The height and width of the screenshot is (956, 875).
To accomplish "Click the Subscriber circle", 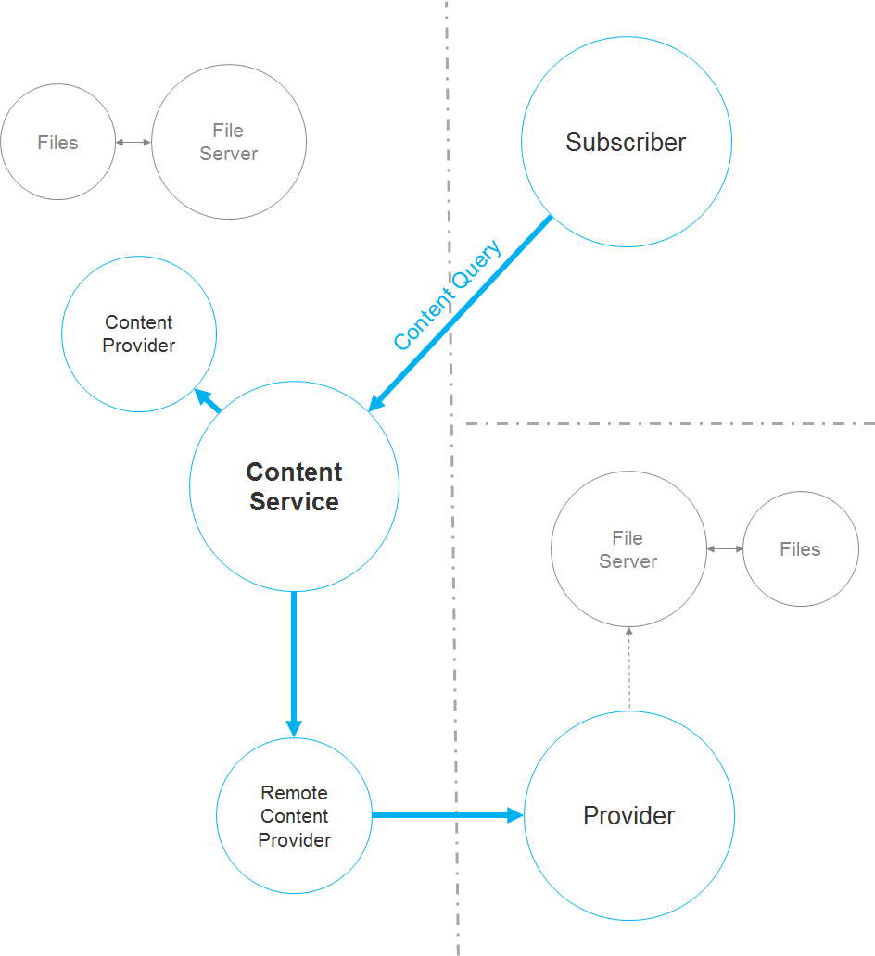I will coord(627,142).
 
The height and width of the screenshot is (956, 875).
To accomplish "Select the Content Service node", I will coord(294,486).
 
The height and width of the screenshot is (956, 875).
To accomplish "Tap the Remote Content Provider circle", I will coord(294,816).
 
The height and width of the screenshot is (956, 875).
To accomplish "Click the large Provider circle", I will coord(629,816).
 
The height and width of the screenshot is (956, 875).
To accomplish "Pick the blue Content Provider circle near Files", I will coord(139,333).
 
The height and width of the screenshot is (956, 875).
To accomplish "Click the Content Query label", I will coord(447,296).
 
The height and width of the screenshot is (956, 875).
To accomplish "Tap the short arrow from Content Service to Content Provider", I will coord(208,400).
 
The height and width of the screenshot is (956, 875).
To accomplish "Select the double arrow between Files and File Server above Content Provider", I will coord(133,143).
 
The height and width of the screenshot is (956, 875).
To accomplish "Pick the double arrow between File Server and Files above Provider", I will coord(725,549).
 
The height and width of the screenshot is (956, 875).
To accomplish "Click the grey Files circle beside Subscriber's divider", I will coord(57,143).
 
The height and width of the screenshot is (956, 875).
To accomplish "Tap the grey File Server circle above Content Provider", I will coord(229,143).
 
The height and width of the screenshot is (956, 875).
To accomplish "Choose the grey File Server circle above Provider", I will coord(628,549).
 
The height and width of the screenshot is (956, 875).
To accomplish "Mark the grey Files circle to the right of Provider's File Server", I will coord(801,549).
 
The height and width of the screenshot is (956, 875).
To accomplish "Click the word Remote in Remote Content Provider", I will coord(294,793).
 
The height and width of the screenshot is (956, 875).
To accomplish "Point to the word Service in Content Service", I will coord(294,502).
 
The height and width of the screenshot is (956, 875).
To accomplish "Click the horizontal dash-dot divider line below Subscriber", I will coord(667,424).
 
